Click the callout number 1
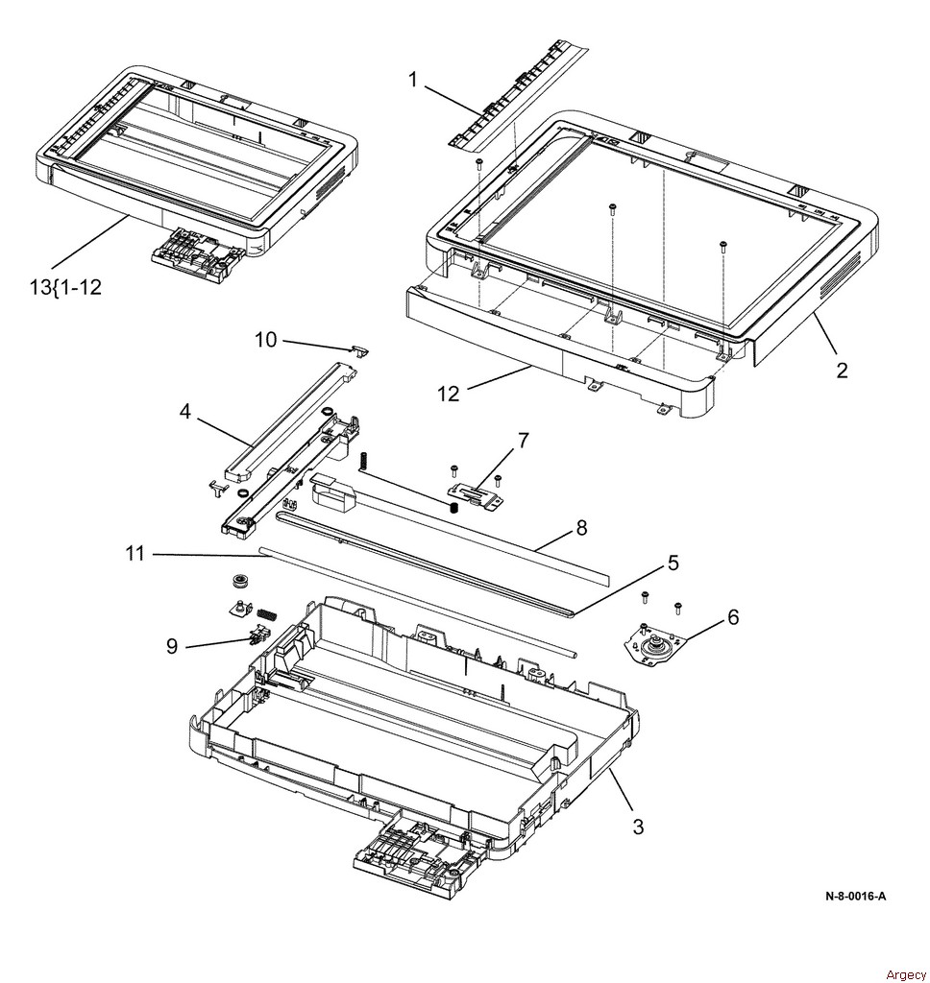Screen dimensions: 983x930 (413, 80)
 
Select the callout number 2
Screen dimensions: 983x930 (842, 372)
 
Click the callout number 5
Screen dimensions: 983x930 (673, 563)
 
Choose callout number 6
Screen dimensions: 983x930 (733, 617)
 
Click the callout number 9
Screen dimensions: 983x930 (172, 647)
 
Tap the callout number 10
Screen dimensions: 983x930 (265, 339)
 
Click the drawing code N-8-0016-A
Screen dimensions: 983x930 (855, 897)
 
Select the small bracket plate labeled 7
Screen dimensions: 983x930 (477, 493)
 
